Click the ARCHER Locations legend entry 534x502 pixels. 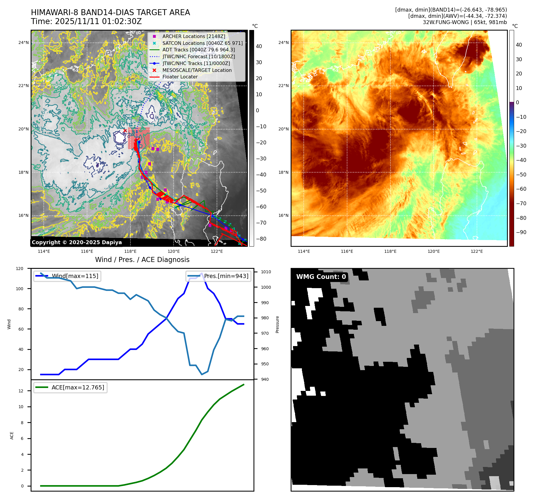click(193, 36)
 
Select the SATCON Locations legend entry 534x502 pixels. click(202, 43)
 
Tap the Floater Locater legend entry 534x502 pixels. click(180, 77)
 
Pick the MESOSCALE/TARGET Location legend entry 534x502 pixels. click(197, 70)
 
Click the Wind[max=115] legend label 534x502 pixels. click(75, 276)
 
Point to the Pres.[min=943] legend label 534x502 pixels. click(226, 276)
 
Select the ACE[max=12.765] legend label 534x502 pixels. click(78, 387)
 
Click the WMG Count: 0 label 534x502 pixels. click(321, 277)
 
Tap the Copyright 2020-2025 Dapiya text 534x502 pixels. click(77, 242)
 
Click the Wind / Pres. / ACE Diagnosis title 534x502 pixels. click(142, 260)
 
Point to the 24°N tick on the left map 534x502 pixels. click(23, 43)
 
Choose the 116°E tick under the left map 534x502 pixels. click(87, 252)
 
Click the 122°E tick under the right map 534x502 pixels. click(477, 252)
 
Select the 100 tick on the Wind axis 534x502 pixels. click(20, 289)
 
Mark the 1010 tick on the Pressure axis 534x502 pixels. click(266, 272)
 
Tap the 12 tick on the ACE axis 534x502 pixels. click(21, 391)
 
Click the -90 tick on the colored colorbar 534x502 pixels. click(521, 232)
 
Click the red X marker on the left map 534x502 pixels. click(125, 130)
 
